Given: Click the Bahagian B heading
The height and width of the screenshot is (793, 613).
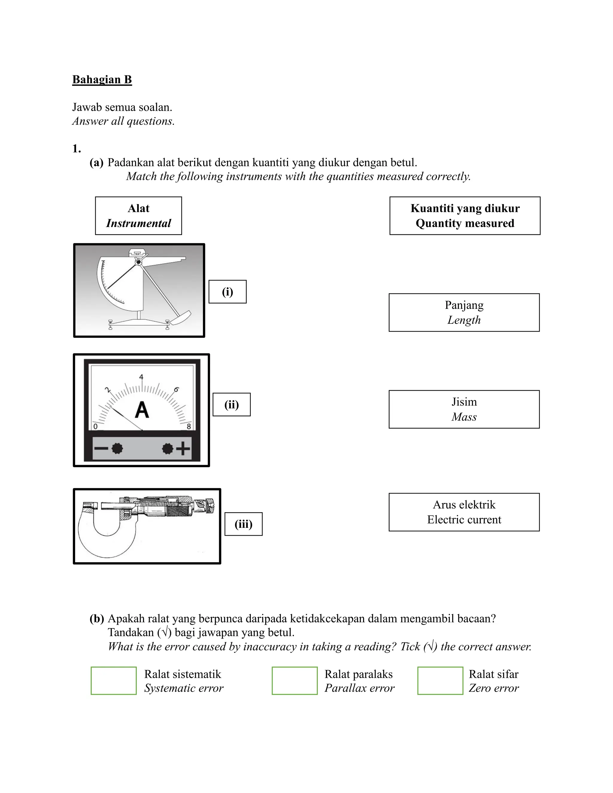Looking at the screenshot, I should tap(102, 80).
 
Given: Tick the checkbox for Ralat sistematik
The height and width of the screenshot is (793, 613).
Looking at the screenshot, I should tap(114, 680).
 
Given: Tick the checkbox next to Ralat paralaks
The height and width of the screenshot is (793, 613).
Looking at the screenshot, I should tap(294, 680).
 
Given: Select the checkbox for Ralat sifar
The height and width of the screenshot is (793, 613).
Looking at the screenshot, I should tap(440, 680).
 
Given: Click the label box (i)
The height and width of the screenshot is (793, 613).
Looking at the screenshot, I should tap(227, 291).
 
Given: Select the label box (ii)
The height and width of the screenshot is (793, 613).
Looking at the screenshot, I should tap(231, 405).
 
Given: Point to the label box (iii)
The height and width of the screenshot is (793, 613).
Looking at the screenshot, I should tap(243, 524).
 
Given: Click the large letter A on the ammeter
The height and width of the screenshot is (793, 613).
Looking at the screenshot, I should tap(142, 410).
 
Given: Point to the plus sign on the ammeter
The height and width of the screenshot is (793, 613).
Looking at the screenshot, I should tap(183, 449).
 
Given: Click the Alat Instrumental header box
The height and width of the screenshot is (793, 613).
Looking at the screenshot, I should tap(138, 216).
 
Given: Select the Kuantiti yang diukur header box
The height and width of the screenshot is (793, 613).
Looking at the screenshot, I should tap(465, 216).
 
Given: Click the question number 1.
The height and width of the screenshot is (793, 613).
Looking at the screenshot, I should tap(76, 148).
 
